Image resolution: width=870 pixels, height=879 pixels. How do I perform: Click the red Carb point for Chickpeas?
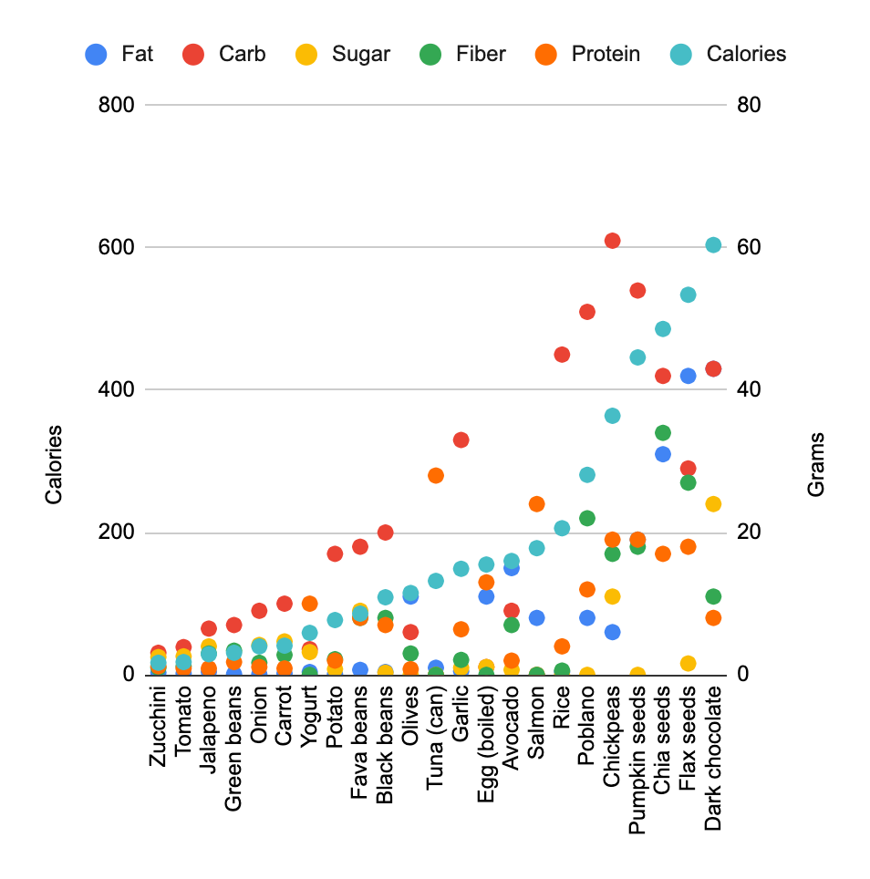613,241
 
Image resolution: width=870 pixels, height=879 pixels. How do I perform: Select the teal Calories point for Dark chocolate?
713,245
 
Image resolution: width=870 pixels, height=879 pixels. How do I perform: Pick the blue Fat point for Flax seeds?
689,376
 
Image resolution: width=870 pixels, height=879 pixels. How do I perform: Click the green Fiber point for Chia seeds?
663,432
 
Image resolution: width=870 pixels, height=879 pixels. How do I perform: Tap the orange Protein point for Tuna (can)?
436,475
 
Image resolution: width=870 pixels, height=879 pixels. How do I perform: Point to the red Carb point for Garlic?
461,440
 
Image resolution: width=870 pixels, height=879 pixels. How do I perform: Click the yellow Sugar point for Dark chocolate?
713,504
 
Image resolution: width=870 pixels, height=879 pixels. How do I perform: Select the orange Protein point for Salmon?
537,504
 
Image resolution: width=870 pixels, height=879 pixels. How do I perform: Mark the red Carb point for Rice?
562,355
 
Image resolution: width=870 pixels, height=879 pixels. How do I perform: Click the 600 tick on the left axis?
117,247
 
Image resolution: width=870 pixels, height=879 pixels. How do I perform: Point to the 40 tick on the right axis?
749,389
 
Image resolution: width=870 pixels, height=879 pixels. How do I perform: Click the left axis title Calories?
54,464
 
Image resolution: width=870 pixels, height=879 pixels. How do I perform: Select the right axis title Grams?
816,464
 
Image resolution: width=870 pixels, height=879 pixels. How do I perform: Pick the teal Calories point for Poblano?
587,475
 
